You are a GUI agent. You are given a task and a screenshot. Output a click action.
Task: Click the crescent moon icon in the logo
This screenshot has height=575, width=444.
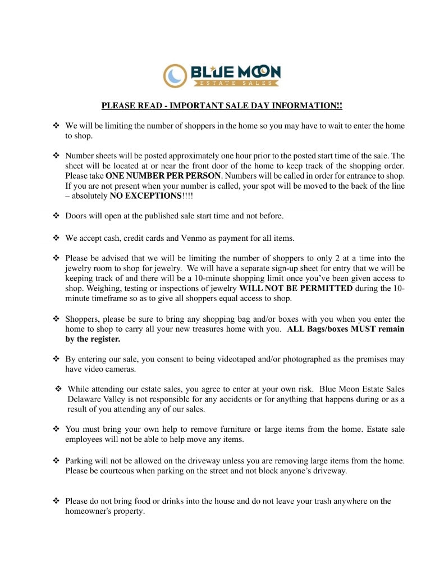point(175,75)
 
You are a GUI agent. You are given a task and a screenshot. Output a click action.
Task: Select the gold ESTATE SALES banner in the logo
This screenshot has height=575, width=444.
point(236,83)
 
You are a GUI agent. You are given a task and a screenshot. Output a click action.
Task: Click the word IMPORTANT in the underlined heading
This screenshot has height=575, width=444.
point(194,106)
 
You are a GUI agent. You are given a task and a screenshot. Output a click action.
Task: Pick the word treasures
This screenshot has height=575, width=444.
point(198,329)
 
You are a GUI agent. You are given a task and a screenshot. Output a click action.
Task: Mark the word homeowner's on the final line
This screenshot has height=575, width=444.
point(88,511)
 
